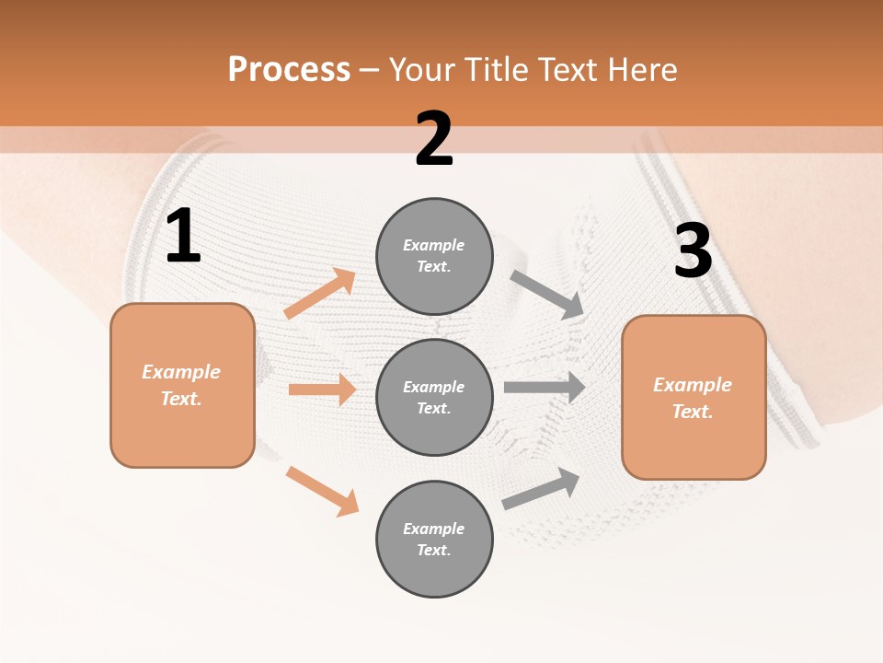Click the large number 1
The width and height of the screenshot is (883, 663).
tap(183, 237)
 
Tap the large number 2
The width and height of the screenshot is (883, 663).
tap(434, 139)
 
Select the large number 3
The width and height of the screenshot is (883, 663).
tap(693, 251)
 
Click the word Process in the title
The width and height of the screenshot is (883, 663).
tap(289, 69)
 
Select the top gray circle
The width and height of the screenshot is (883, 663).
tap(434, 256)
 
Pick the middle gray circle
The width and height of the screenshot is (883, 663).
tap(434, 397)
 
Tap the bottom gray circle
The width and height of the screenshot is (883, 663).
tap(434, 539)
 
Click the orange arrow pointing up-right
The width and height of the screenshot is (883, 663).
tap(320, 294)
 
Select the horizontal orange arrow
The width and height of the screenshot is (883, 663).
tap(322, 390)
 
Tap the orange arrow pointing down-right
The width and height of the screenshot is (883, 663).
tap(322, 491)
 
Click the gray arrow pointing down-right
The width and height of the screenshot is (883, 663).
tap(547, 295)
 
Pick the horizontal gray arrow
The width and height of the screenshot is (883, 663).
tap(545, 387)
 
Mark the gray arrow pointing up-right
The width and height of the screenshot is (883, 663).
tap(541, 489)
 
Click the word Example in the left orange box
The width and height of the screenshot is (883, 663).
tap(181, 372)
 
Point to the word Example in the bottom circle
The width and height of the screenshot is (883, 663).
tap(433, 529)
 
